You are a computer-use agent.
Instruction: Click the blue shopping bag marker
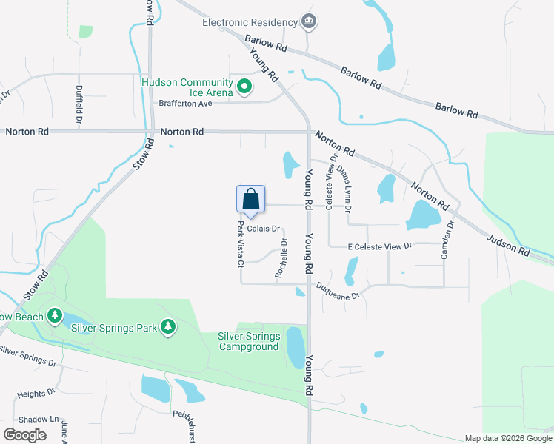[250, 200]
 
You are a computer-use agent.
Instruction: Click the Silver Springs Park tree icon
[169, 326]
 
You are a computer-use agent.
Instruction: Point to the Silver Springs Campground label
[249, 341]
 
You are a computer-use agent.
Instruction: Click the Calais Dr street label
[263, 229]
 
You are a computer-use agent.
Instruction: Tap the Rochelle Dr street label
[281, 258]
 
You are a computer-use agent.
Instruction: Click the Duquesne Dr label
[338, 290]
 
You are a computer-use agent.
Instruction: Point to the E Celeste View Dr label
[379, 246]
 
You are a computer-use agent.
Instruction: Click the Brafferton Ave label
[185, 103]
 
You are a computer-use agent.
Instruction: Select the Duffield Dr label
[79, 104]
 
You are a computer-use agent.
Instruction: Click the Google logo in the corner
[24, 435]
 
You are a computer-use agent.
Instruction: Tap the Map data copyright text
[508, 438]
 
